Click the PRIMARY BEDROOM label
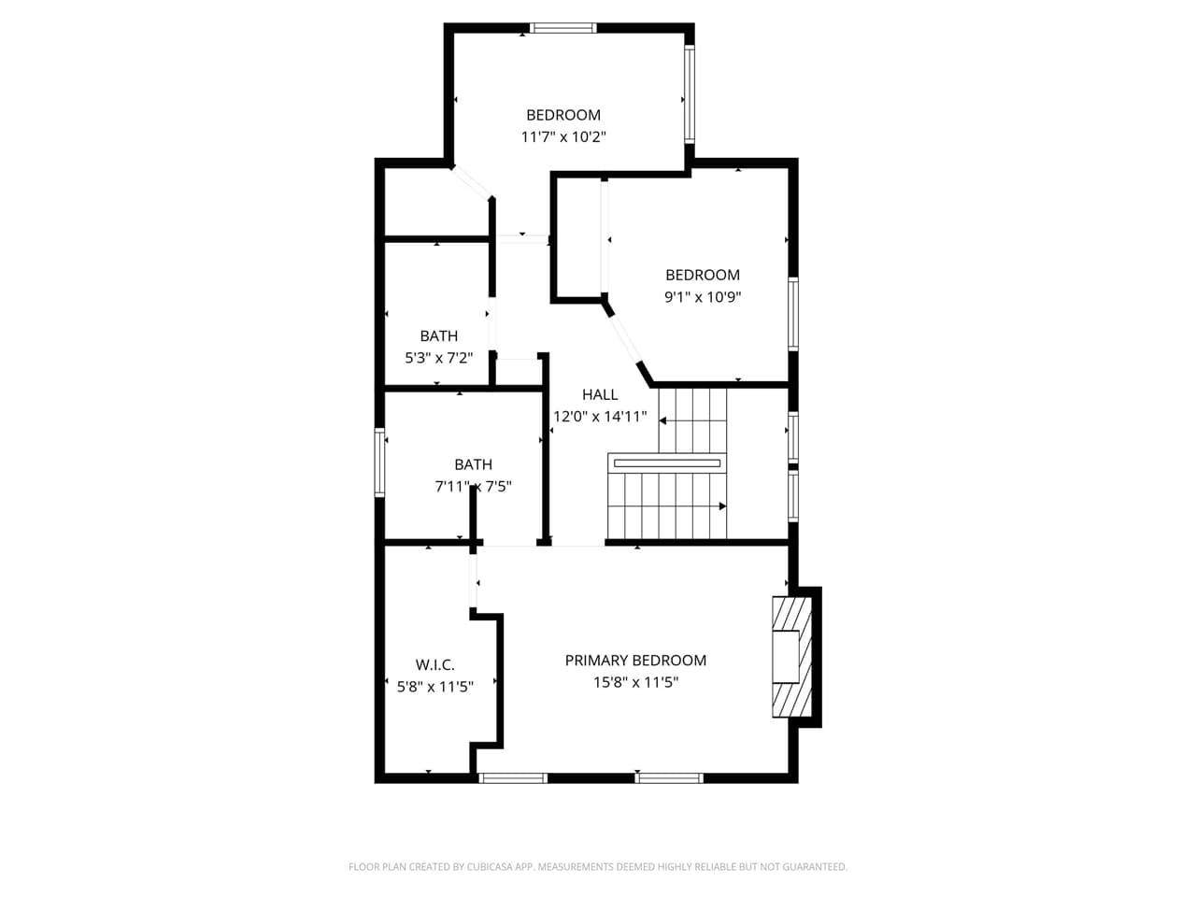click(635, 661)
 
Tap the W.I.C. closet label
click(434, 665)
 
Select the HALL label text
click(600, 394)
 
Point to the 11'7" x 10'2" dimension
click(563, 136)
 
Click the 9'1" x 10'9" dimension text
click(703, 297)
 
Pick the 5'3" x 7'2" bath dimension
click(438, 357)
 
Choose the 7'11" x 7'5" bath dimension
click(473, 486)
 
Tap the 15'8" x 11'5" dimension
click(635, 682)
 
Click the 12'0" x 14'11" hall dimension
click(600, 417)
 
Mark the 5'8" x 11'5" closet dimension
click(434, 687)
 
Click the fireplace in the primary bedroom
click(790, 656)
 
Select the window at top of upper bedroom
click(563, 28)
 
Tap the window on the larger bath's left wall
click(380, 462)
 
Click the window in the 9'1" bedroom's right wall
click(793, 314)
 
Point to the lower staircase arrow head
click(722, 506)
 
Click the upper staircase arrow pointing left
click(663, 421)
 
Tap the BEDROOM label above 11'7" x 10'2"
click(563, 115)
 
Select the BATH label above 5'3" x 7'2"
click(438, 335)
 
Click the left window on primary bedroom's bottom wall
click(513, 777)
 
